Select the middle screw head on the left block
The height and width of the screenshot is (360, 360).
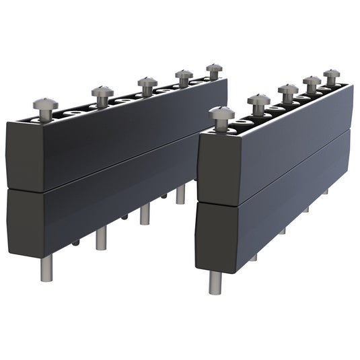click(147, 82)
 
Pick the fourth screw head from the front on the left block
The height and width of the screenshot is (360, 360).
click(184, 74)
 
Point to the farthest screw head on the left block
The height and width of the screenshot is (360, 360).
click(214, 68)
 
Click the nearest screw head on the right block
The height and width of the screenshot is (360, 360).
click(222, 112)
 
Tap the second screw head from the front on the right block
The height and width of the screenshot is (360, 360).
click(258, 100)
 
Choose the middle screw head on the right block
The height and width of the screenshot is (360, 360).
click(288, 89)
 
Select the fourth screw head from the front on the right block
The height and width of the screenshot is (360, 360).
click(312, 81)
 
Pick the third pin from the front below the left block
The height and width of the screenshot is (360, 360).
click(145, 215)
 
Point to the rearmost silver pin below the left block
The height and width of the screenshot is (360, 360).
click(180, 194)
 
